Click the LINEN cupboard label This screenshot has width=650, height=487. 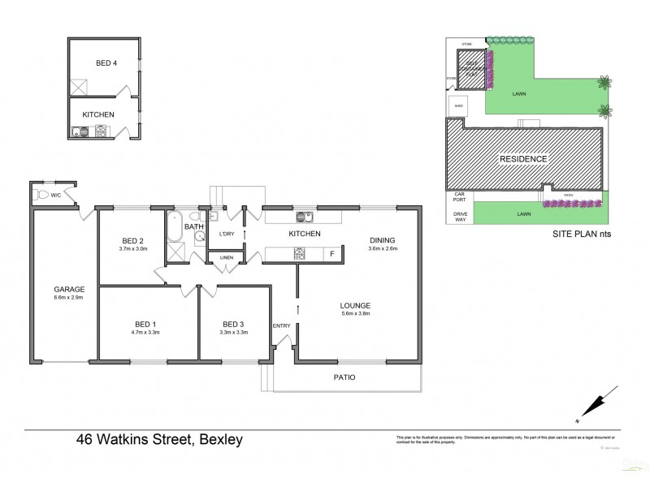point(227,258)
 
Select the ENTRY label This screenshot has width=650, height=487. point(281,325)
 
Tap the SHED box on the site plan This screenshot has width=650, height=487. point(459,105)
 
